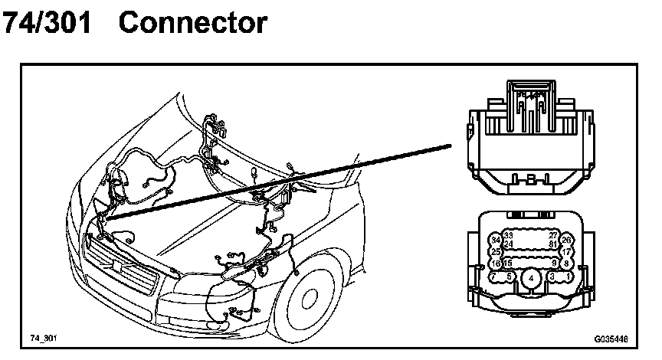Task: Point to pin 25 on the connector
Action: click(x=495, y=251)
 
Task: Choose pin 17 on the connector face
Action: click(x=567, y=251)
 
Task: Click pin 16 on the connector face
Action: click(x=495, y=263)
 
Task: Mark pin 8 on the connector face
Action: click(x=567, y=263)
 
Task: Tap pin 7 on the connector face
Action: click(x=493, y=276)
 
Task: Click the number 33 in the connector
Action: click(x=508, y=236)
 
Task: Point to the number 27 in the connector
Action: click(x=553, y=236)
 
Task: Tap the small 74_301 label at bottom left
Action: click(x=44, y=337)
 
